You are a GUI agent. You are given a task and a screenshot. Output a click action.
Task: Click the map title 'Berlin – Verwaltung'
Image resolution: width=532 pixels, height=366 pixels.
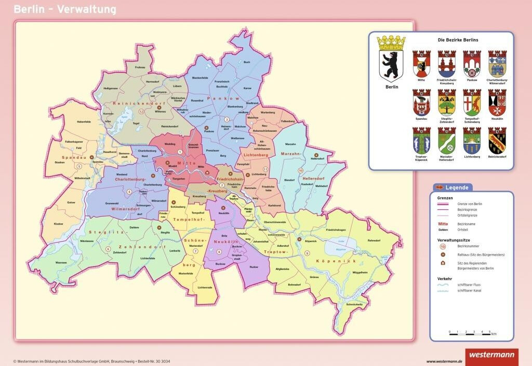(65, 9)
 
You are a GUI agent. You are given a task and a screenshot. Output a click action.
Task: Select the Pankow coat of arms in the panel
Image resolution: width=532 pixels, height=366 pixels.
(472, 64)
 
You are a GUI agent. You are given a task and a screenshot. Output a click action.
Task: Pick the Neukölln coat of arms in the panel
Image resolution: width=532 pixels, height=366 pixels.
(497, 102)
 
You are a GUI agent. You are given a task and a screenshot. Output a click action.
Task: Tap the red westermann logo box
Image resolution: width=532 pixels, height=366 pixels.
(491, 357)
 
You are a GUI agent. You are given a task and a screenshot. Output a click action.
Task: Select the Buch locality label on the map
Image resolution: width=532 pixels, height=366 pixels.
(247, 62)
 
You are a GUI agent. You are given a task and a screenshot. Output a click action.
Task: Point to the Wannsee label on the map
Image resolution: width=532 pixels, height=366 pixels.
(61, 263)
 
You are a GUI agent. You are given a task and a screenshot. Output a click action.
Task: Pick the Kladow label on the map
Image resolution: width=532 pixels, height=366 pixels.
(59, 224)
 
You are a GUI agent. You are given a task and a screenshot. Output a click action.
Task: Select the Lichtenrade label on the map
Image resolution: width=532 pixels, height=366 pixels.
(205, 287)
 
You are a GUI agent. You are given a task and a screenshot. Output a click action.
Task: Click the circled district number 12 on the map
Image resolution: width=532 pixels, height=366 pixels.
(141, 111)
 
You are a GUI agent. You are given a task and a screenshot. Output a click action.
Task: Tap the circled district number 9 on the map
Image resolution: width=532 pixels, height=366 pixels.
(307, 253)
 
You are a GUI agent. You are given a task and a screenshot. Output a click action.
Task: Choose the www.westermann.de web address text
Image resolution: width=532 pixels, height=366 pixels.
(444, 361)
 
